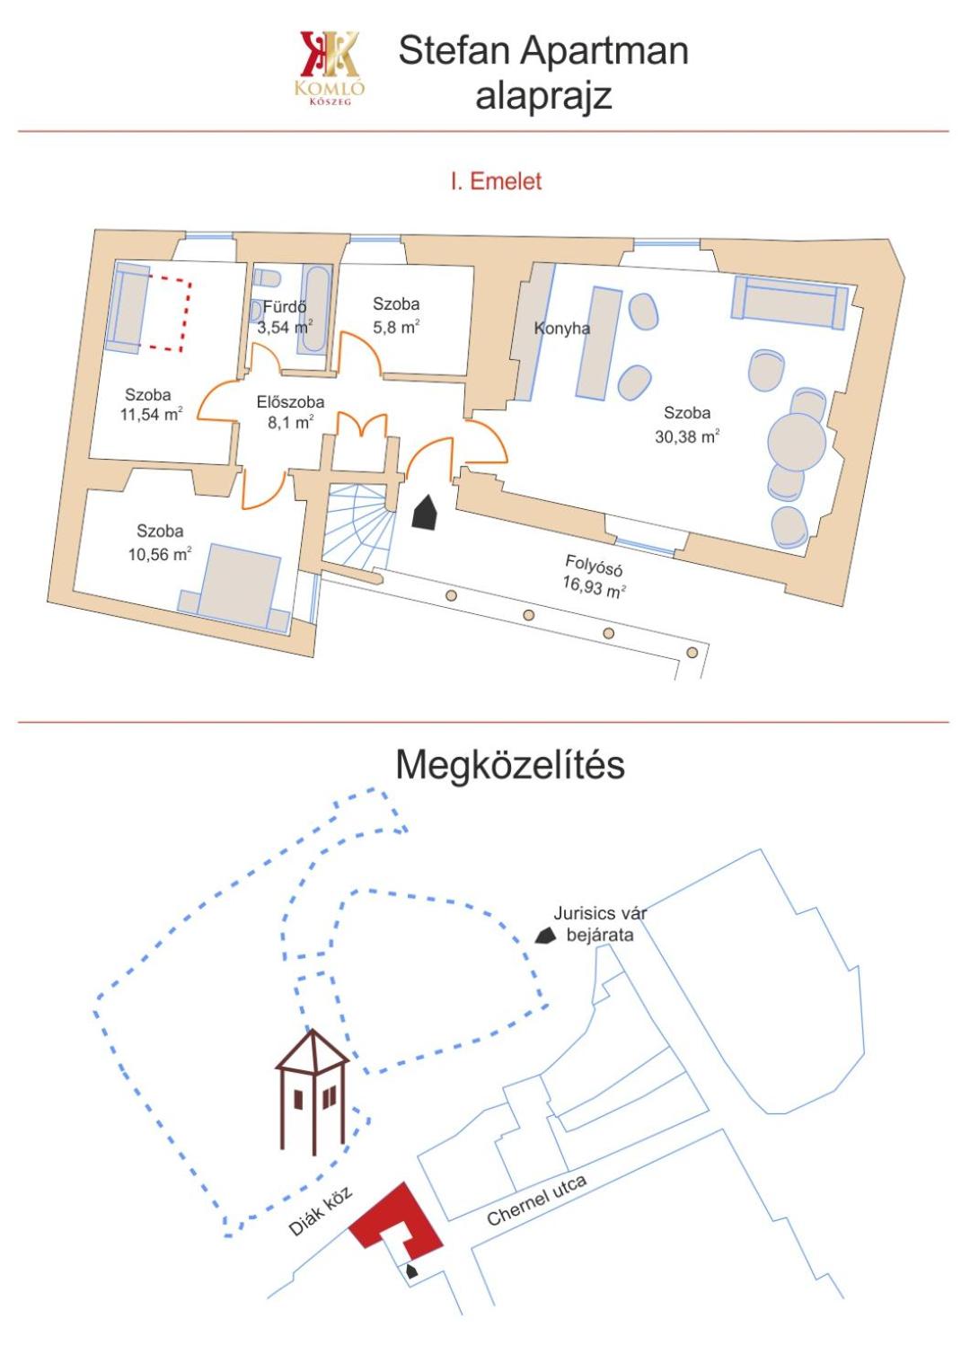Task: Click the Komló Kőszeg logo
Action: point(330,67)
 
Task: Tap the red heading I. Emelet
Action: point(496,181)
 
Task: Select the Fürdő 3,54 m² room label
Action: point(285,317)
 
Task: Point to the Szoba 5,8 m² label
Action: point(396,315)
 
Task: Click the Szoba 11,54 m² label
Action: point(151,405)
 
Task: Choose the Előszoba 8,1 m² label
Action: point(290,412)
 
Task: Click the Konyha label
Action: point(562,328)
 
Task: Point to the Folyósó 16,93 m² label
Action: point(594,576)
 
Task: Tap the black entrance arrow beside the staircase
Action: point(425,511)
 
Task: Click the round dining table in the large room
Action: point(797,442)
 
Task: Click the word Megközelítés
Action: point(510,764)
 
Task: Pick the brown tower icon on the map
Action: point(313,1092)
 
